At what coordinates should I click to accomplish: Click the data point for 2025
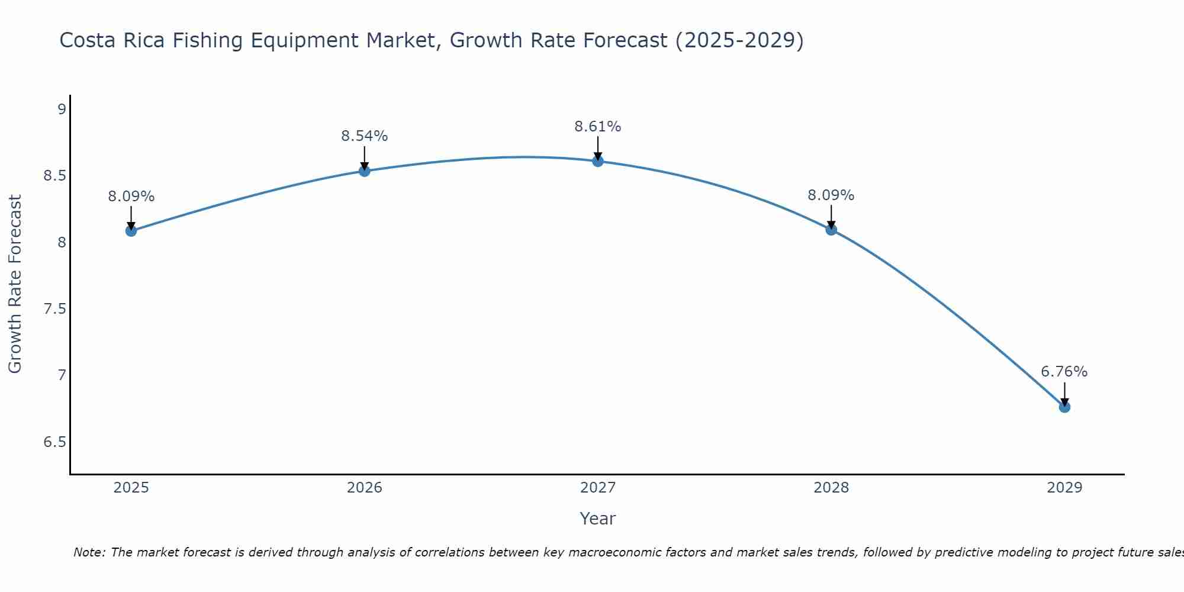pos(131,230)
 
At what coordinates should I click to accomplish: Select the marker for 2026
pos(365,171)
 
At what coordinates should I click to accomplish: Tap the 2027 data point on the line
pos(598,161)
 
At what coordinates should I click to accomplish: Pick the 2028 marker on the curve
pos(831,230)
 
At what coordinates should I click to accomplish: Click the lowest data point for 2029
pos(1064,407)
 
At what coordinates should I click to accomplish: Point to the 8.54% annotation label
pos(365,136)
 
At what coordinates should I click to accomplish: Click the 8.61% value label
pos(598,127)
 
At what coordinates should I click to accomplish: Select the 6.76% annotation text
pos(1064,372)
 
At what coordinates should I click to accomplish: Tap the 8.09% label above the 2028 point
pos(831,195)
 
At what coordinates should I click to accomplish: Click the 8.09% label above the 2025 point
pos(131,197)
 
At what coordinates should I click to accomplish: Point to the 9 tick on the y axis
pos(61,110)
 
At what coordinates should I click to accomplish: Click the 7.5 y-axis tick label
pos(54,309)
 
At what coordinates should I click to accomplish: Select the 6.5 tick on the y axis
pos(54,443)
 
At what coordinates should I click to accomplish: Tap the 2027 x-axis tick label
pos(598,488)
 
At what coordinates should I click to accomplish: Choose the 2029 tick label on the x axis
pos(1064,488)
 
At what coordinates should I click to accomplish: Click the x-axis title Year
pos(598,519)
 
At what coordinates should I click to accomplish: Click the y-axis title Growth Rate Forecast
pos(15,284)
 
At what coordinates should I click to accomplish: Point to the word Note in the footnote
pos(88,552)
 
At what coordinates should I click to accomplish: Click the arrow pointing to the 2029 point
pos(1064,394)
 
